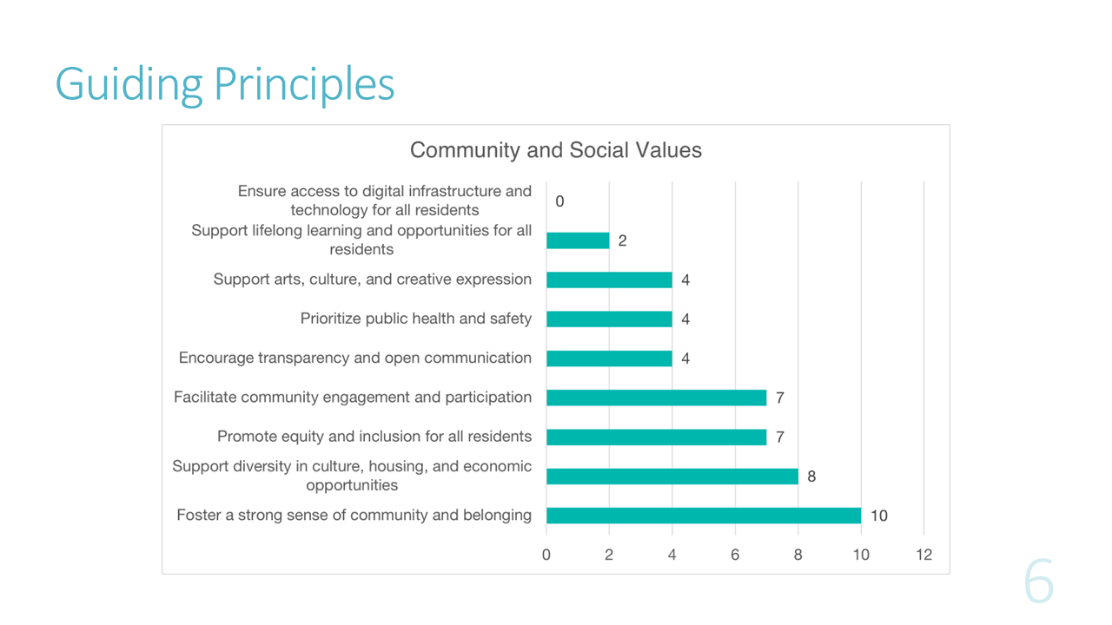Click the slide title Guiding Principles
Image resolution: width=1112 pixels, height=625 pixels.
click(225, 84)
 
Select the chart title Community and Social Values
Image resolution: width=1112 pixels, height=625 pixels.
click(555, 150)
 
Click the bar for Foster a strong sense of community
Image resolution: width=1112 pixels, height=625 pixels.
click(704, 516)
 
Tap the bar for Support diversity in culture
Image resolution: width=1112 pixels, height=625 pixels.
click(672, 477)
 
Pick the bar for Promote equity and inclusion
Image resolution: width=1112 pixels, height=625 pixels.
click(656, 437)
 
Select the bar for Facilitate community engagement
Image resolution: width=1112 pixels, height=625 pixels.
click(656, 398)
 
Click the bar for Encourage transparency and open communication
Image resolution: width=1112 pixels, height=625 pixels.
click(609, 359)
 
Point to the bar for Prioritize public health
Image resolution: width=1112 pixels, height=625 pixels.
click(609, 319)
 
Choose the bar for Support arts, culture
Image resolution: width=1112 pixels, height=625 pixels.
click(609, 280)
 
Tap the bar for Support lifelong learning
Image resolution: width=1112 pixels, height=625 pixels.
click(578, 240)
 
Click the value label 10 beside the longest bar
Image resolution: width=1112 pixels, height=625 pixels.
click(878, 516)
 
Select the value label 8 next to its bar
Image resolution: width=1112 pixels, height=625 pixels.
click(811, 477)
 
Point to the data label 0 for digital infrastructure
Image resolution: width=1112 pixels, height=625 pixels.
click(559, 201)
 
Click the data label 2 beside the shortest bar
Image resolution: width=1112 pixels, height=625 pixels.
click(623, 240)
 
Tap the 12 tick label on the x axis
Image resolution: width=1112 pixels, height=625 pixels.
click(923, 555)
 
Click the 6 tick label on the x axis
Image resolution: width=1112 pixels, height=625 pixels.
click(735, 555)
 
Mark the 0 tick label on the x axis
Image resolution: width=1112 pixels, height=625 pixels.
click(546, 555)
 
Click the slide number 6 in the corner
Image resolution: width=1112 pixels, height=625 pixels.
click(1038, 582)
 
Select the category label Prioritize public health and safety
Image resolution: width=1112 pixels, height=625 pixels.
click(416, 319)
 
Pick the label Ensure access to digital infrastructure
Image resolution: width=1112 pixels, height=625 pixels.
click(385, 201)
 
